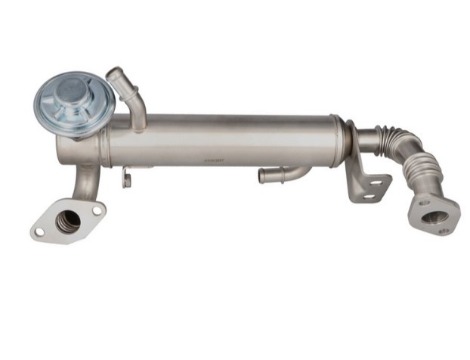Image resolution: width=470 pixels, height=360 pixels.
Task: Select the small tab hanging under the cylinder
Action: pyautogui.click(x=127, y=180)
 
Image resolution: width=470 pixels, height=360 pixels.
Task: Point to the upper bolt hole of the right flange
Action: pyautogui.click(x=424, y=202)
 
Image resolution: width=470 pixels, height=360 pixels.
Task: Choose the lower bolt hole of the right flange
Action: pyautogui.click(x=443, y=231)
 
